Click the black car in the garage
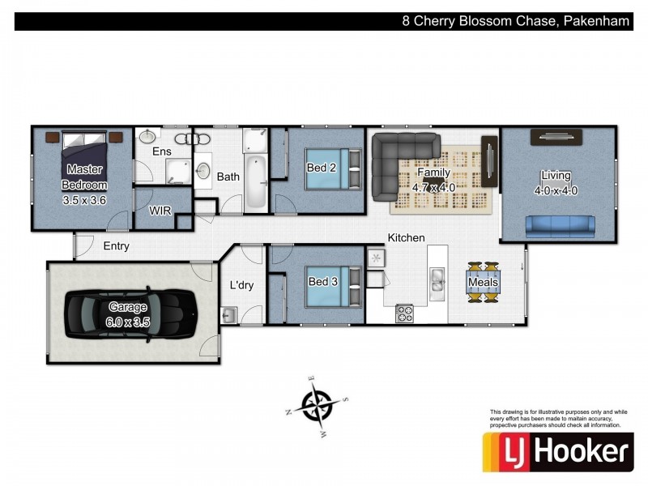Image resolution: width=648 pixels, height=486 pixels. [x=131, y=311]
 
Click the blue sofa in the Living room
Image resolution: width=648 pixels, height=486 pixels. [x=560, y=224]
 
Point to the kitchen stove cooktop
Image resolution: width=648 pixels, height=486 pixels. [x=404, y=313]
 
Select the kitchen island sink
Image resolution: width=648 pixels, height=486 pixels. [x=437, y=280]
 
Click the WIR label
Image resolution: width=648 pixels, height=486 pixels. [x=160, y=210]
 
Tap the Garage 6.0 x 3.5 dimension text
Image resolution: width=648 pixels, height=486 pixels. [x=129, y=313]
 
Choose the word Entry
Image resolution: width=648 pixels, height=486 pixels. [x=116, y=246]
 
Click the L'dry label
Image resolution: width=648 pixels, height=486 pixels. [x=241, y=285]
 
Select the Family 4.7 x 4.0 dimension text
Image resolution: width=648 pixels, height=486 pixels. [x=433, y=179]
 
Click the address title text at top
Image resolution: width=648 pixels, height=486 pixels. [x=516, y=22]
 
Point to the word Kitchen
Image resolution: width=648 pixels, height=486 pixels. [x=406, y=237]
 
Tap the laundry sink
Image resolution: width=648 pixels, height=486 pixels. [x=228, y=314]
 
